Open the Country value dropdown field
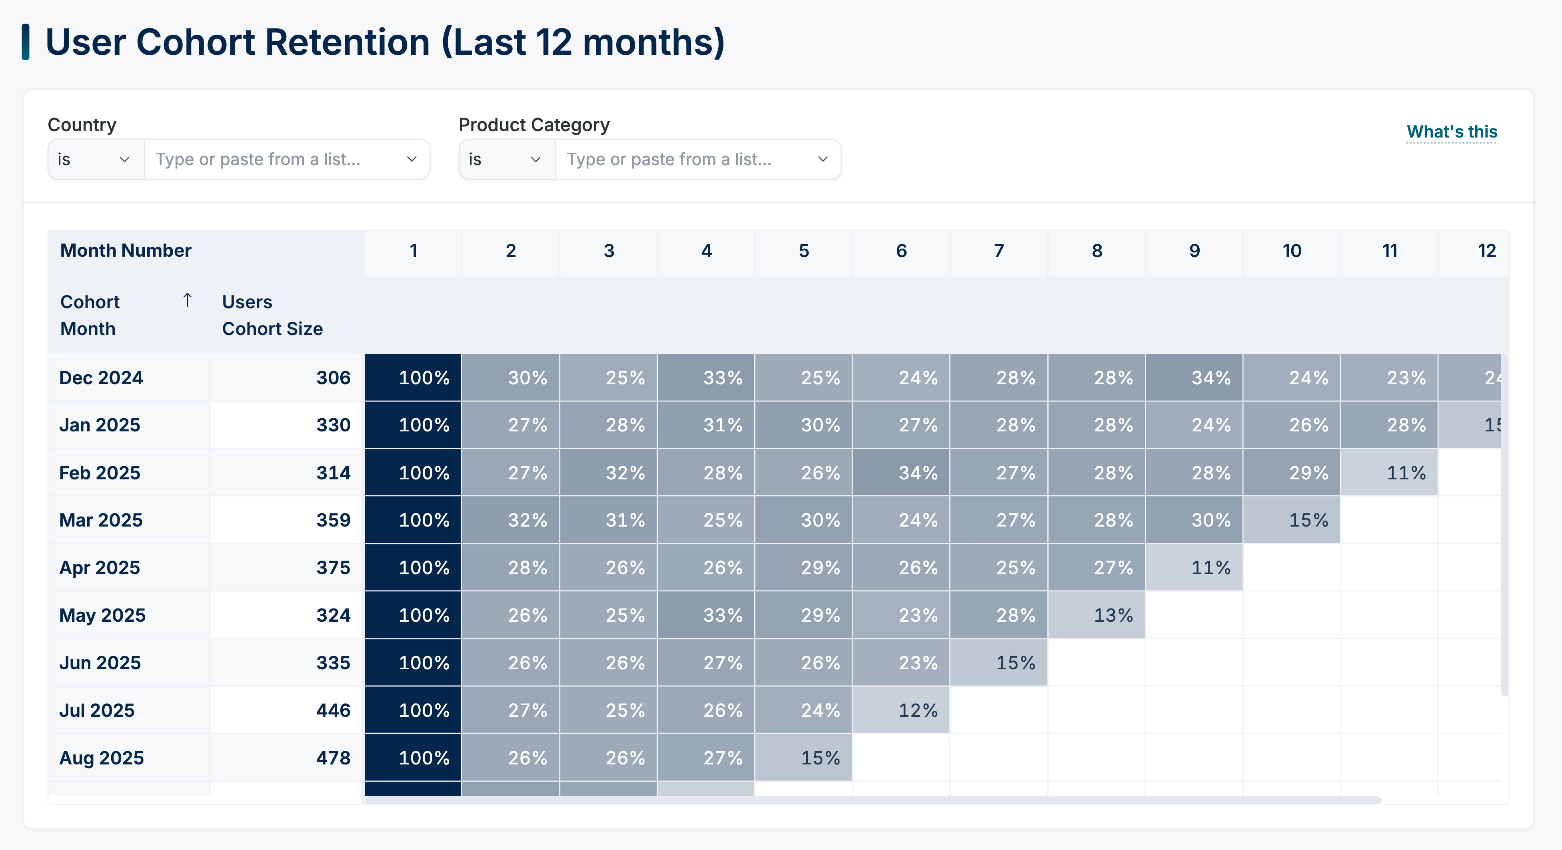pyautogui.click(x=286, y=160)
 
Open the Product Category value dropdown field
pyautogui.click(x=697, y=160)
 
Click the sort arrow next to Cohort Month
pyautogui.click(x=188, y=300)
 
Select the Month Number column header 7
pyautogui.click(x=999, y=251)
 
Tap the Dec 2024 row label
pyautogui.click(x=101, y=378)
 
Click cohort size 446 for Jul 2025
pyautogui.click(x=333, y=710)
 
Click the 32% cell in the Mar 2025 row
pyautogui.click(x=511, y=520)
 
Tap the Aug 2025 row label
pyautogui.click(x=101, y=758)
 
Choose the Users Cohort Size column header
pyautogui.click(x=272, y=315)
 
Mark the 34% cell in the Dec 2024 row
pyautogui.click(x=1194, y=378)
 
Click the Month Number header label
pyautogui.click(x=126, y=250)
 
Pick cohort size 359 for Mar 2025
pyautogui.click(x=333, y=520)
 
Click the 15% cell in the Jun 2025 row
pyautogui.click(x=999, y=662)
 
